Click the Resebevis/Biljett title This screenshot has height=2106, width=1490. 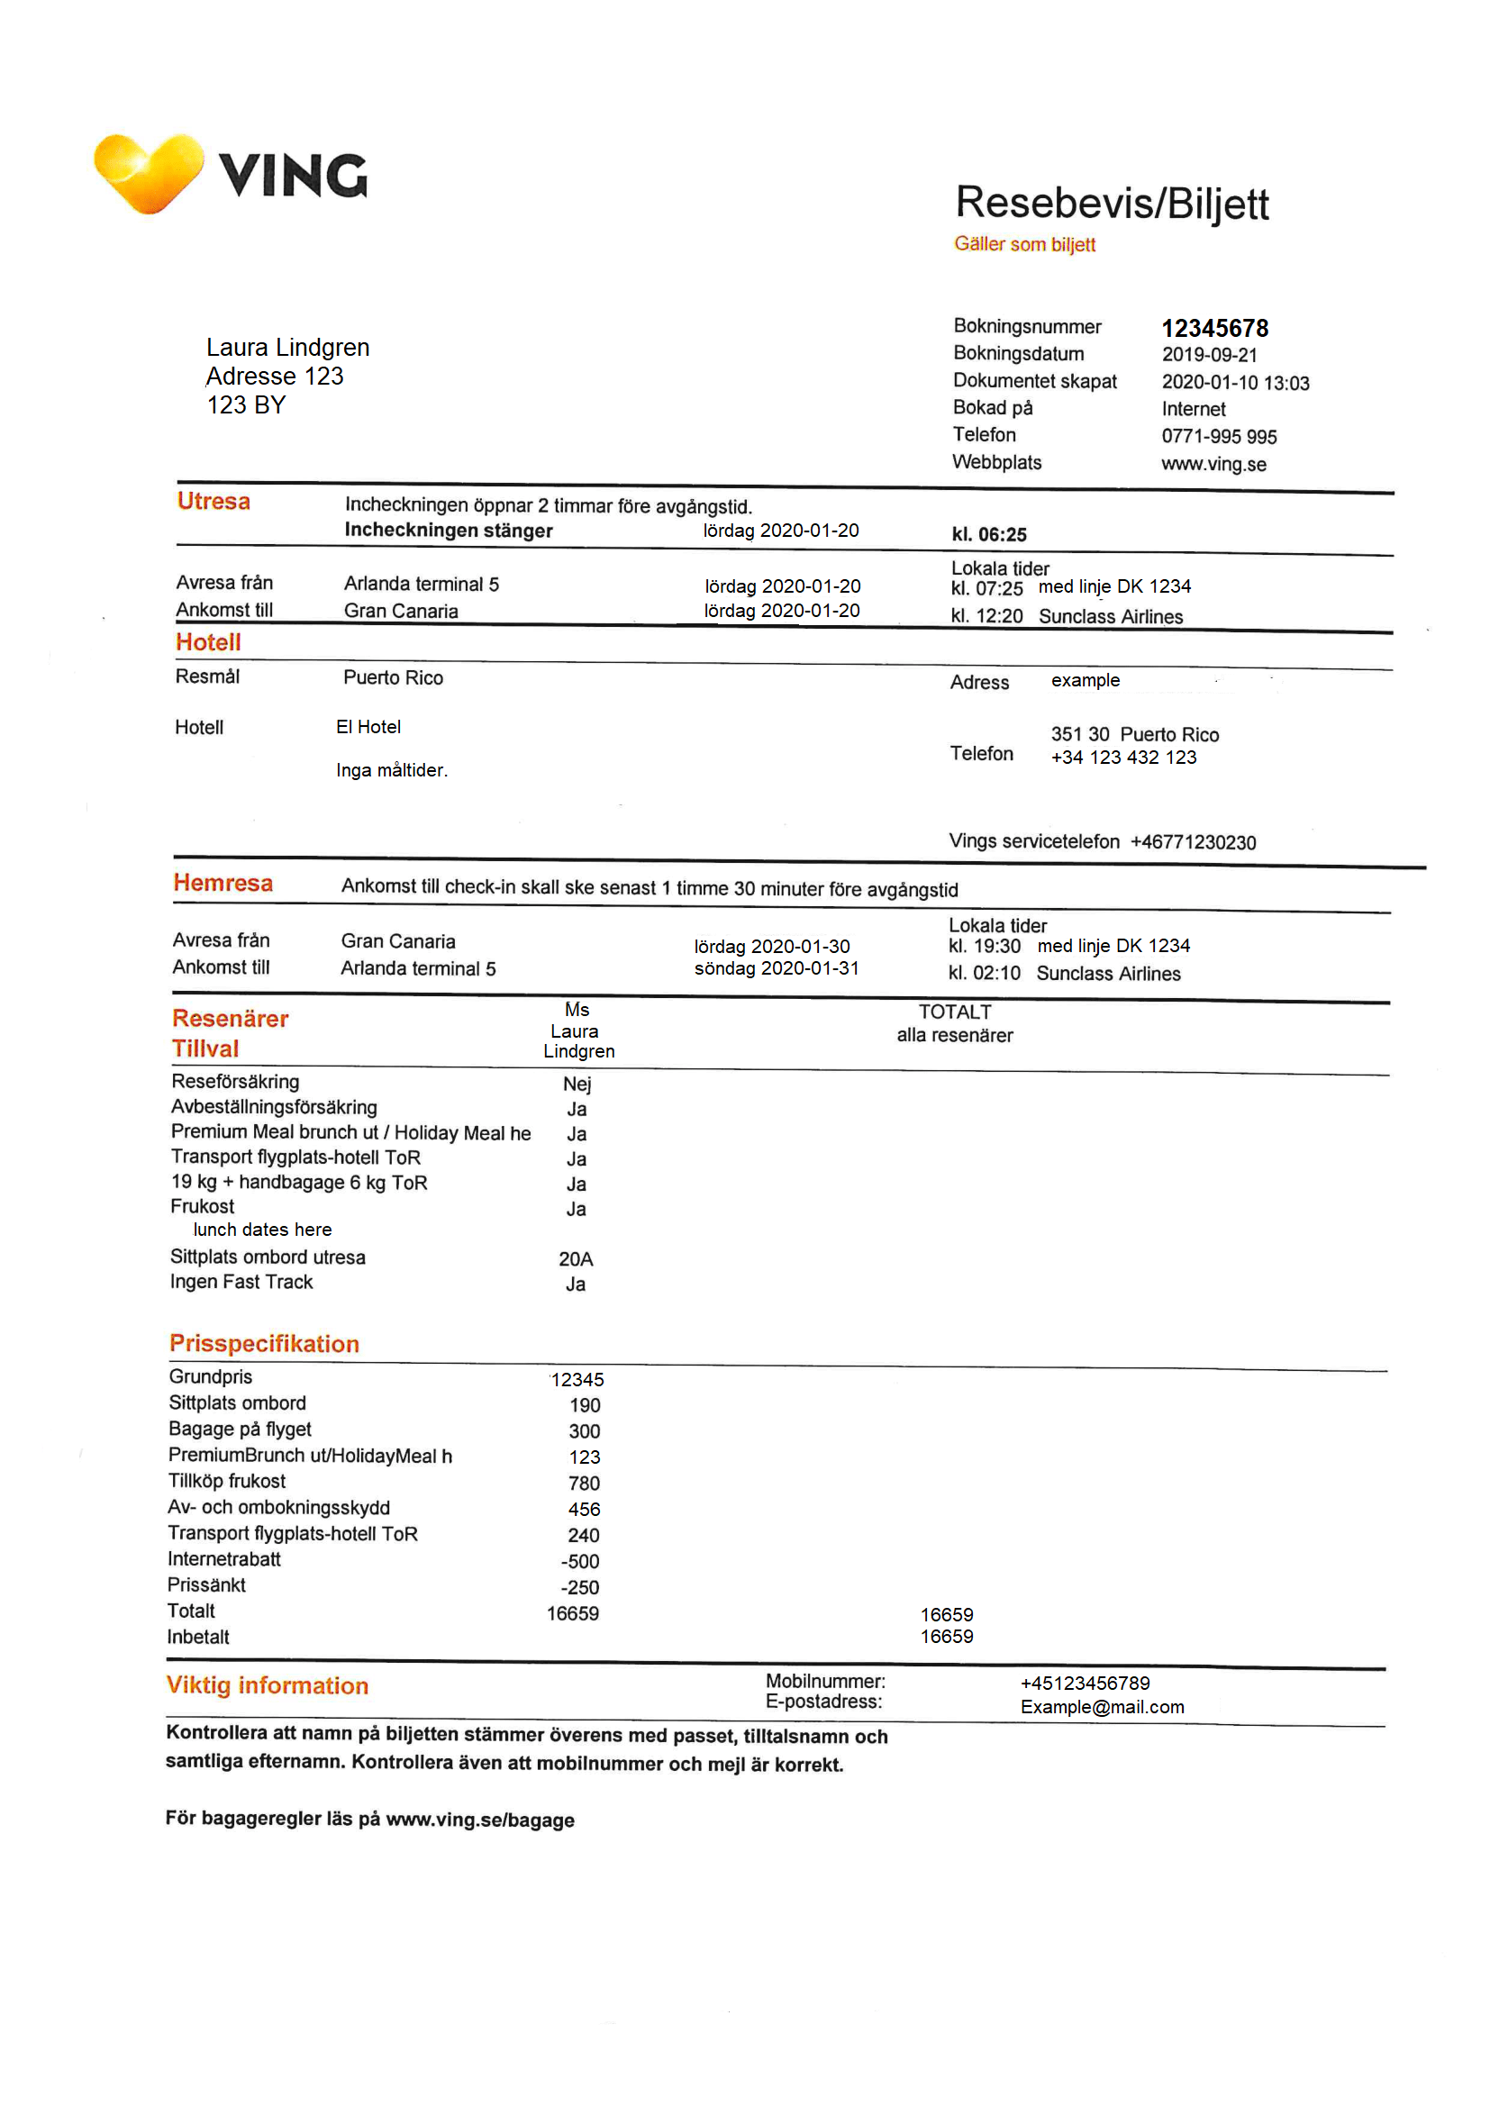pos(1111,203)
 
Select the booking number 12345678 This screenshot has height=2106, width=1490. pos(1213,329)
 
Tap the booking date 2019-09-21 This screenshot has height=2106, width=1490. pos(1208,355)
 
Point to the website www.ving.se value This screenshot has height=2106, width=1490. pos(1213,464)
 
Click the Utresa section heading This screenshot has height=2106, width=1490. pos(213,502)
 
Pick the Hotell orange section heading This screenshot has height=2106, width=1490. pos(208,642)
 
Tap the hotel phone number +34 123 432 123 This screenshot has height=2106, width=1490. pos(1123,758)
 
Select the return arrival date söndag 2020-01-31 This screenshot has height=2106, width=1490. pos(777,968)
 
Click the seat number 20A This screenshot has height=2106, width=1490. pos(576,1259)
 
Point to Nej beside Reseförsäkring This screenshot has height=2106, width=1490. pos(577,1085)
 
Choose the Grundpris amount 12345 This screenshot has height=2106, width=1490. pos(577,1380)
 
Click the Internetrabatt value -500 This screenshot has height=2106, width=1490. pos(580,1561)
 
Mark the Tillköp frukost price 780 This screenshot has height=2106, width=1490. pos(584,1484)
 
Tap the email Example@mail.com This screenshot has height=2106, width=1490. pos(1101,1707)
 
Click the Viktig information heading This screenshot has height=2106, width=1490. pos(267,1686)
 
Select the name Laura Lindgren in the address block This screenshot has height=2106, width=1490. pos(287,348)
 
